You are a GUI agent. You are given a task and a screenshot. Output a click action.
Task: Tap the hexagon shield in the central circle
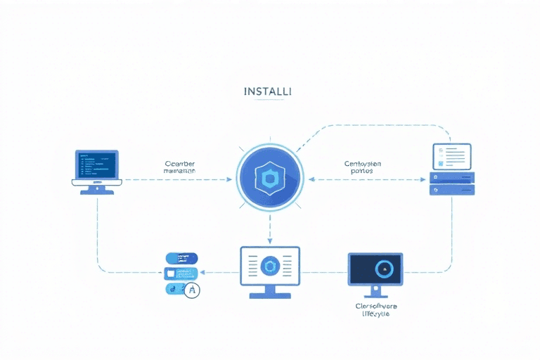pyautogui.click(x=269, y=180)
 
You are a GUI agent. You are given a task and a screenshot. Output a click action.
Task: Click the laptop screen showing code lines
pyautogui.click(x=97, y=164)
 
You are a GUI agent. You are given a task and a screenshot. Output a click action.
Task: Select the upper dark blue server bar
pyautogui.click(x=452, y=177)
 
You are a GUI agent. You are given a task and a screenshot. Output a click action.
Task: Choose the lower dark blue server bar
pyautogui.click(x=452, y=189)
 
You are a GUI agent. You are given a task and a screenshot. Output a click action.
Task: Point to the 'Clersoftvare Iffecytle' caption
pyautogui.click(x=375, y=311)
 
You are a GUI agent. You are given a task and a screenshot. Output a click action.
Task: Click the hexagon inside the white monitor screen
pyautogui.click(x=269, y=266)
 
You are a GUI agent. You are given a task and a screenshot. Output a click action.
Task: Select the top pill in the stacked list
pyautogui.click(x=181, y=258)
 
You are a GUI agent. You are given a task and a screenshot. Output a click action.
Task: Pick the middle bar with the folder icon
pyautogui.click(x=180, y=273)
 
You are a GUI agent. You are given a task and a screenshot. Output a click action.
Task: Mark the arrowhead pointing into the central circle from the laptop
pyautogui.click(x=229, y=180)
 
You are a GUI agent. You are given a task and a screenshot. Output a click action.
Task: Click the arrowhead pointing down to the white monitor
pyautogui.click(x=269, y=239)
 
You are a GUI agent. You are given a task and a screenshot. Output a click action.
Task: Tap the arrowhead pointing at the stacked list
pyautogui.click(x=202, y=272)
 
